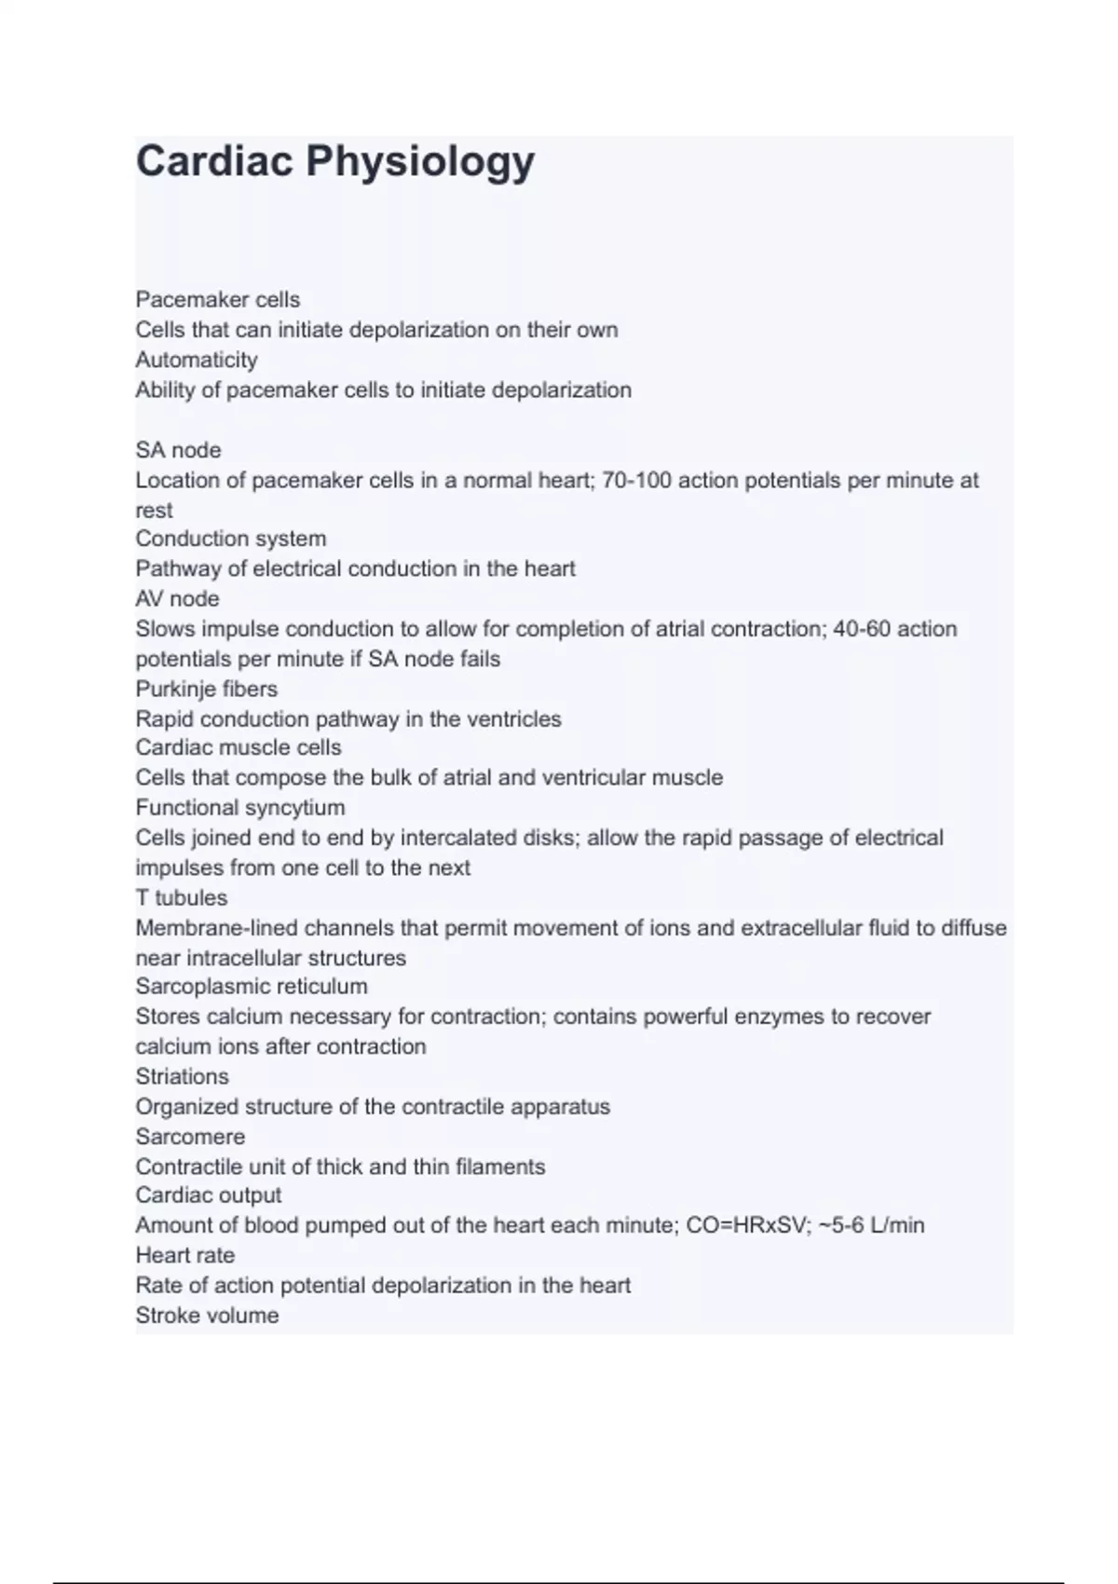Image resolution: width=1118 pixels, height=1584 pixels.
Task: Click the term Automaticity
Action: click(x=197, y=360)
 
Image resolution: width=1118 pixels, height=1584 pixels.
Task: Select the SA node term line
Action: click(x=178, y=450)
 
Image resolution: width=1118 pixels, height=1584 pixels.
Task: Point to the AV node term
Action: click(x=177, y=598)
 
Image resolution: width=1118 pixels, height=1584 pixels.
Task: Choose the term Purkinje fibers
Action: click(x=206, y=689)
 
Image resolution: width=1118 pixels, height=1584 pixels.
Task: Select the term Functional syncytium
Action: click(x=239, y=807)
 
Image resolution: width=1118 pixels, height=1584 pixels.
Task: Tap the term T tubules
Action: click(x=181, y=897)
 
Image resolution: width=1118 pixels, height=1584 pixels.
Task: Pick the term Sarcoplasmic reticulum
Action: click(x=251, y=986)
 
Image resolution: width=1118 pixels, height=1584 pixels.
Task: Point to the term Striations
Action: click(x=182, y=1076)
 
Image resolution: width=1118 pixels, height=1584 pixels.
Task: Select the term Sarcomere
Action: click(x=190, y=1137)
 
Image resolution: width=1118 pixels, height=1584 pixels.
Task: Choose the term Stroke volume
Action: click(x=207, y=1316)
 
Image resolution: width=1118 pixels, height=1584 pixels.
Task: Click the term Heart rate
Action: click(x=184, y=1255)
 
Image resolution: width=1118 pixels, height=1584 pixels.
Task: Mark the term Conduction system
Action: click(x=230, y=539)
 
